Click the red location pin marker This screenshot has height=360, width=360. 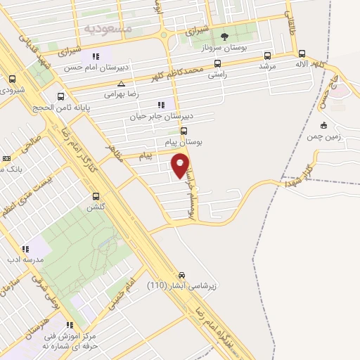[181, 165]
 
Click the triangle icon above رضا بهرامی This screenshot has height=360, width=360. [121, 83]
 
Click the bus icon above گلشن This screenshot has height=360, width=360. [96, 196]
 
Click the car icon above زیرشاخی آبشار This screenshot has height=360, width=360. [181, 274]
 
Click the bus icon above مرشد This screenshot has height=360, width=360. [266, 56]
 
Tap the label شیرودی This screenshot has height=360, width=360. [13, 90]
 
